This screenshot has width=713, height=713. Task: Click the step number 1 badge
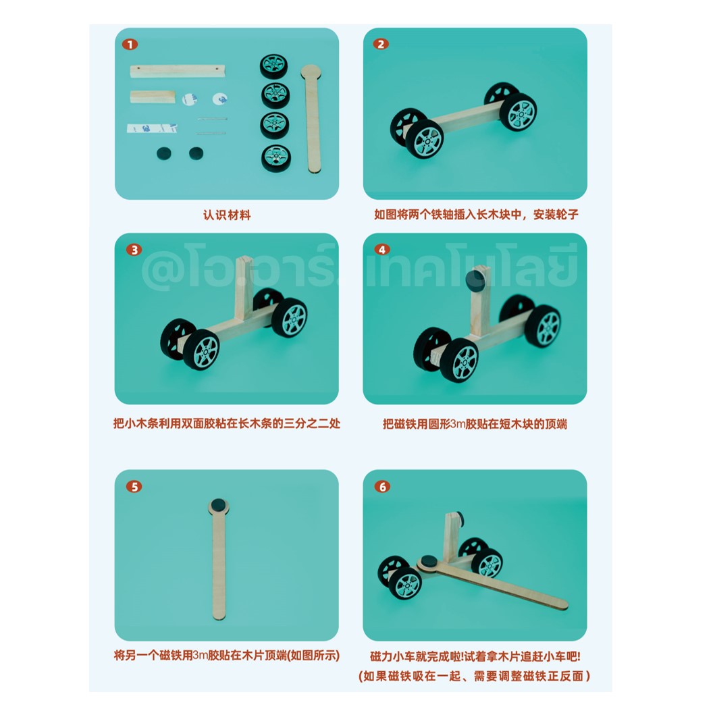pyautogui.click(x=130, y=45)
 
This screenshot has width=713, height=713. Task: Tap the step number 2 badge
pyautogui.click(x=381, y=45)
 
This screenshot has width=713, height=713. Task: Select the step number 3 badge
pyautogui.click(x=134, y=250)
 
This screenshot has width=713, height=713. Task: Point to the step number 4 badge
pyautogui.click(x=382, y=250)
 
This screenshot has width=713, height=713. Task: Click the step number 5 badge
pyautogui.click(x=134, y=486)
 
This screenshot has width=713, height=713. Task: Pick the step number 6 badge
pyautogui.click(x=382, y=486)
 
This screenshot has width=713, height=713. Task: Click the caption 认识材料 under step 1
pyautogui.click(x=227, y=215)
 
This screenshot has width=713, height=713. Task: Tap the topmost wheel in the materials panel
pyautogui.click(x=275, y=68)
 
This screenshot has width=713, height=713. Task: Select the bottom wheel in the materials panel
pyautogui.click(x=275, y=158)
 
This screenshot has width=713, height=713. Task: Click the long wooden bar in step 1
pyautogui.click(x=177, y=70)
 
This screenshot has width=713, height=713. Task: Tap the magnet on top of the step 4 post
pyautogui.click(x=477, y=284)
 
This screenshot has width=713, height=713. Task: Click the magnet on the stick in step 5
pyautogui.click(x=218, y=505)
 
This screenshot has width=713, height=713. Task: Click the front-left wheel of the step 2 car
pyautogui.click(x=427, y=140)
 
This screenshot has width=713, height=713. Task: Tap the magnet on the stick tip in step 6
pyautogui.click(x=428, y=561)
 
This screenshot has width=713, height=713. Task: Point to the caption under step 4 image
pyautogui.click(x=475, y=424)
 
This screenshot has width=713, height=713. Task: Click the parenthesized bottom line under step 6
pyautogui.click(x=475, y=676)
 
